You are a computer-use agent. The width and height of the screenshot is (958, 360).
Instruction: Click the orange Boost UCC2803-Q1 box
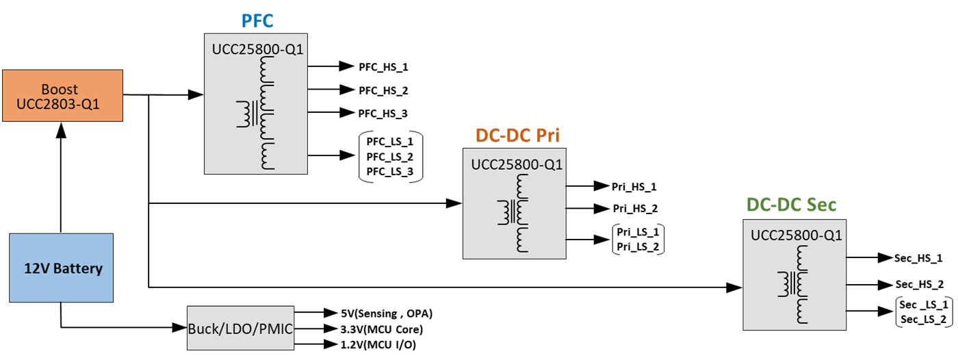tap(62, 96)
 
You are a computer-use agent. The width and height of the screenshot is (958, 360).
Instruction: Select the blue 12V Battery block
tap(61, 268)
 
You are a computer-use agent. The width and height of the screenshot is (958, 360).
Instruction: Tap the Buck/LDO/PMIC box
tap(241, 329)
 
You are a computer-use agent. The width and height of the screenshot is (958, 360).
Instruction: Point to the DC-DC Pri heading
tap(517, 136)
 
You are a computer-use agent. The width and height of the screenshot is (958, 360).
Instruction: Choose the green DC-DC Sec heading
tap(791, 204)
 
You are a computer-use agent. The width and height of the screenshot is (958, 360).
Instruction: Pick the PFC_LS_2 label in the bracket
tap(390, 156)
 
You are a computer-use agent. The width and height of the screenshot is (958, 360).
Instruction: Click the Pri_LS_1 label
tap(638, 233)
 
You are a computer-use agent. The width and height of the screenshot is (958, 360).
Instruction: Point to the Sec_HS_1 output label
tap(919, 258)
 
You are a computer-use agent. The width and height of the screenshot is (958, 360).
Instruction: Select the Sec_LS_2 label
tap(924, 319)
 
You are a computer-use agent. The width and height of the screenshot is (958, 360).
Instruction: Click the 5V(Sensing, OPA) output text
tap(387, 313)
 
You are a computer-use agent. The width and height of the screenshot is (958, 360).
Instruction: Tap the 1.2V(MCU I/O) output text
tap(378, 344)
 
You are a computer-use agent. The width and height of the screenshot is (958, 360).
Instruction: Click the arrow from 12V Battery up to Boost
tap(61, 178)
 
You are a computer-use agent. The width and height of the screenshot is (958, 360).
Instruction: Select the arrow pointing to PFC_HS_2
tap(329, 90)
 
